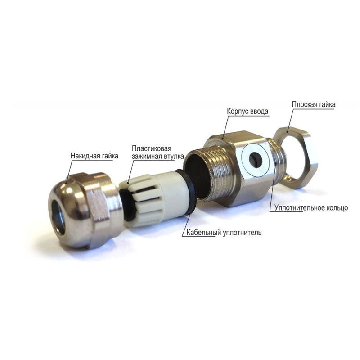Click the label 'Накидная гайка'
click(94, 156)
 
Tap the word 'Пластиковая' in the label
click(152, 148)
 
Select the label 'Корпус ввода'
click(247, 111)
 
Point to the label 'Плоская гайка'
click(313, 104)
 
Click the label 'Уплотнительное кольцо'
click(311, 208)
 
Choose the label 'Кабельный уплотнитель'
click(224, 233)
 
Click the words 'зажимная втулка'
click(158, 156)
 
